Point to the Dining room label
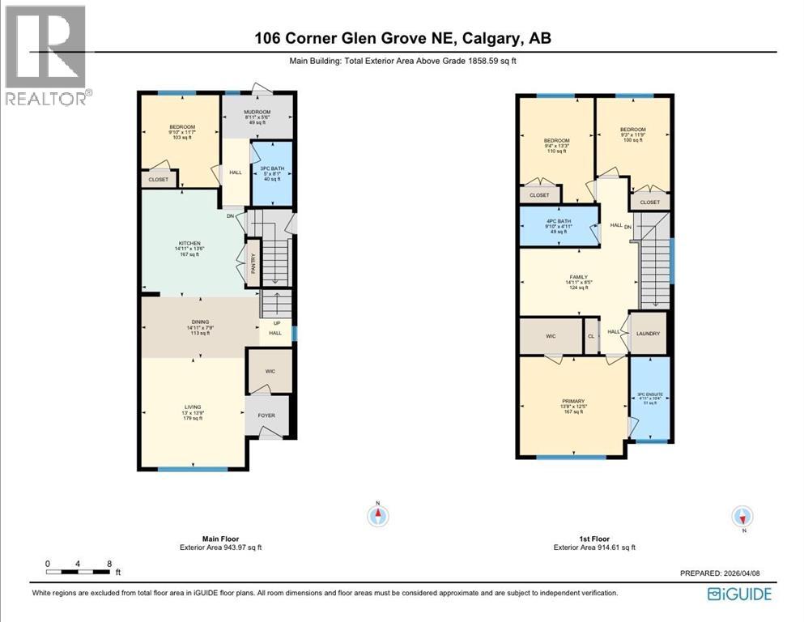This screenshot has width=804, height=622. coord(198,327)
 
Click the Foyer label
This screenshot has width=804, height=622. coord(266,415)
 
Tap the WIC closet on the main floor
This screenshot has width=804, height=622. coord(269,372)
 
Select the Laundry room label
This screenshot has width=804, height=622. coord(649,334)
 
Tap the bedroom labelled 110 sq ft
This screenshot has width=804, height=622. coord(556,146)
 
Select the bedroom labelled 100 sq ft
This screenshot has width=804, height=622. coord(632,134)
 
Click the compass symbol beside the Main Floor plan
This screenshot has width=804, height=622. coord(378,514)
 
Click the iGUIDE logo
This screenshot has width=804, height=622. coord(738,594)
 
